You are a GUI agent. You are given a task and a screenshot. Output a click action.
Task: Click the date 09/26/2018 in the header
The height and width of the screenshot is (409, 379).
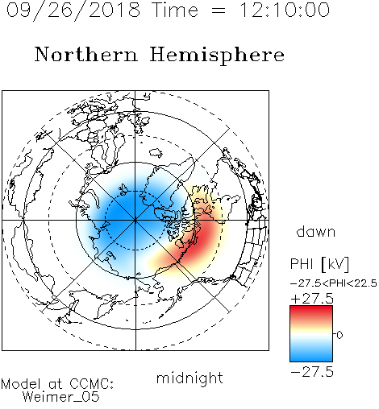(73, 10)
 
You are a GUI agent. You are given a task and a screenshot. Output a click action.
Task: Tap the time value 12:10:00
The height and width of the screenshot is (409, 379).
(285, 10)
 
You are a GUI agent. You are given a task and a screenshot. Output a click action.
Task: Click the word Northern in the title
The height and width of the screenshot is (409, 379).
(86, 54)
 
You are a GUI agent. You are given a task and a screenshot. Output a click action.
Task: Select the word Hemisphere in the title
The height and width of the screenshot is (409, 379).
(217, 56)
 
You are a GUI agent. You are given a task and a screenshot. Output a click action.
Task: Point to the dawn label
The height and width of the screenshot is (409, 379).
(316, 231)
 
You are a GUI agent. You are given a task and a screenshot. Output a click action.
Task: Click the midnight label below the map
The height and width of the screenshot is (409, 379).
(189, 378)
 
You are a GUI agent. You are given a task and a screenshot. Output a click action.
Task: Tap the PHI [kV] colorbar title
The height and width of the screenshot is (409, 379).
(319, 264)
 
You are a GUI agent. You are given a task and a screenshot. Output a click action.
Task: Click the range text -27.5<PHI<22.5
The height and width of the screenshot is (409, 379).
(334, 283)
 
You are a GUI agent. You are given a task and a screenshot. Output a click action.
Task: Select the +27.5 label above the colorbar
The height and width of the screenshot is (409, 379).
(312, 299)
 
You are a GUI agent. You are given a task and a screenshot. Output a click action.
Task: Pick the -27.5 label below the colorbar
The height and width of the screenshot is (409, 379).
(312, 372)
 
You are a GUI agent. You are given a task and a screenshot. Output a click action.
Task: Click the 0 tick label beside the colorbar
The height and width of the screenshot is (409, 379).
(339, 335)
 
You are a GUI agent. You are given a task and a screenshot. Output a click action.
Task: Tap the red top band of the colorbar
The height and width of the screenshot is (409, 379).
(311, 312)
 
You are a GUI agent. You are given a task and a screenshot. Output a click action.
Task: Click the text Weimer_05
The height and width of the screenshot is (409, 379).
(61, 397)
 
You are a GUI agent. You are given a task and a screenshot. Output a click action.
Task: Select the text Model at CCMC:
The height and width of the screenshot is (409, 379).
(57, 384)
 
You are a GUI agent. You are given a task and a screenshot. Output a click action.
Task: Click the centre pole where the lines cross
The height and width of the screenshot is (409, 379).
(135, 221)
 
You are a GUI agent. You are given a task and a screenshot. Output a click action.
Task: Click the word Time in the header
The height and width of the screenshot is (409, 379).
(175, 10)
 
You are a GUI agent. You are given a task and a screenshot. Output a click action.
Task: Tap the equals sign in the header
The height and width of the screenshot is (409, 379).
(219, 11)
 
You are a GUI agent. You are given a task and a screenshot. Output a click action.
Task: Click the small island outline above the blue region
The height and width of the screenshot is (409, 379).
(156, 153)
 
